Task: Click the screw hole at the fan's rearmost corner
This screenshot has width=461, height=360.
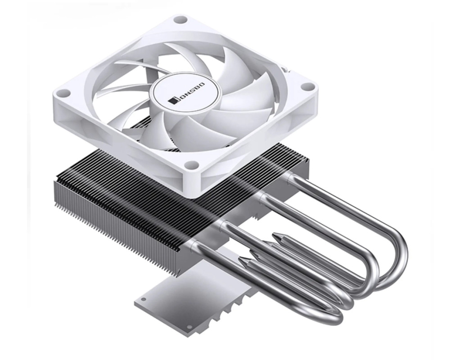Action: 180,20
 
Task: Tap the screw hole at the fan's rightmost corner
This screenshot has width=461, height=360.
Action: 307,87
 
